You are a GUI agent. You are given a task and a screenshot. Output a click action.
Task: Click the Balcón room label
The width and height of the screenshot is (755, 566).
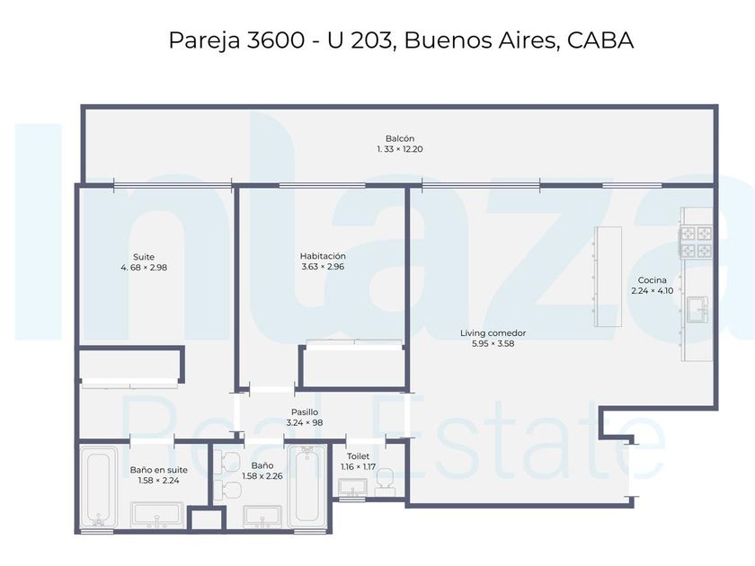tap(400, 138)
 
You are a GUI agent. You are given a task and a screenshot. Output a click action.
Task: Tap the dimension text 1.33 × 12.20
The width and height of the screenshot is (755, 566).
tap(400, 149)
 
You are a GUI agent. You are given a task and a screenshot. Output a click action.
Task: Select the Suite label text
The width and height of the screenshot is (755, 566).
tap(144, 257)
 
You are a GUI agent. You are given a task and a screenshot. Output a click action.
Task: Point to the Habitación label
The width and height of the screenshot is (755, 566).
tap(323, 256)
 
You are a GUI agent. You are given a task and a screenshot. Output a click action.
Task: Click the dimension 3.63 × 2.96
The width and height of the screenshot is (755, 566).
tap(323, 267)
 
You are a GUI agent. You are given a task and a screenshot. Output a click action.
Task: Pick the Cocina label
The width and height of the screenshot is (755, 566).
tap(652, 280)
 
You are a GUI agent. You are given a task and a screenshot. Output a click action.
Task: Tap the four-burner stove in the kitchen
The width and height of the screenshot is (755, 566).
tap(696, 242)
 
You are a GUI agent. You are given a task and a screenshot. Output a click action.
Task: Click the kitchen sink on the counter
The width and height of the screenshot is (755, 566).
tap(697, 309)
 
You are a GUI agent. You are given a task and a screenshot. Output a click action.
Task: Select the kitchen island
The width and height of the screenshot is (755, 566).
tap(608, 277)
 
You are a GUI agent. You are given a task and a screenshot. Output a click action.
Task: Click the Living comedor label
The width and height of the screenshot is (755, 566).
tap(493, 333)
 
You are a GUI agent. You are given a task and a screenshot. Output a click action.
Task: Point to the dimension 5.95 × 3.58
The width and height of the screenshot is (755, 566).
tap(493, 343)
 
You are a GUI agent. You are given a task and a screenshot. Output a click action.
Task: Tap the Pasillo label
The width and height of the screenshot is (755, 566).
tap(305, 412)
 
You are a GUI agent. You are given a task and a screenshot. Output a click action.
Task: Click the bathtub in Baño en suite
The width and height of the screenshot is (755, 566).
tap(98, 488)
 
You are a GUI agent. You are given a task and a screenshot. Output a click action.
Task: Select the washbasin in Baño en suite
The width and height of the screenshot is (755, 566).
tap(157, 515)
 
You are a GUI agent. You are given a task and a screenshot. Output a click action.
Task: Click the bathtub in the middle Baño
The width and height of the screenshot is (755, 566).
tap(306, 486)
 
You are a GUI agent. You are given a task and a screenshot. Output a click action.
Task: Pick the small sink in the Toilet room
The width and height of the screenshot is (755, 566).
tap(352, 488)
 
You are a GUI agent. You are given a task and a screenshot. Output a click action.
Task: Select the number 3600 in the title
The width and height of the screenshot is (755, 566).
tap(275, 40)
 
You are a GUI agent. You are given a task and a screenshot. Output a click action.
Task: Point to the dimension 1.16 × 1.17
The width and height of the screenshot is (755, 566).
tap(358, 467)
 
